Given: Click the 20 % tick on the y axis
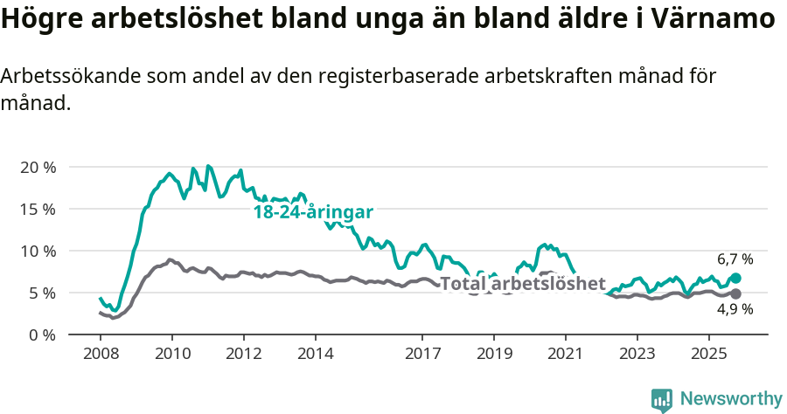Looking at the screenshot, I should pyautogui.click(x=38, y=167).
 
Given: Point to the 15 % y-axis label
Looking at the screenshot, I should pyautogui.click(x=38, y=209).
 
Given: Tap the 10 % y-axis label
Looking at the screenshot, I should pyautogui.click(x=38, y=251).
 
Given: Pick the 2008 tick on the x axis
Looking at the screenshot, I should pyautogui.click(x=101, y=354).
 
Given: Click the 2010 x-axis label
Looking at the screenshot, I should pyautogui.click(x=172, y=354).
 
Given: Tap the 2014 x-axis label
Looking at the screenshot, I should pyautogui.click(x=315, y=354).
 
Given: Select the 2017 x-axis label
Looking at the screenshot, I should pyautogui.click(x=422, y=354).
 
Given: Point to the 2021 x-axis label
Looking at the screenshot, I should pyautogui.click(x=565, y=354).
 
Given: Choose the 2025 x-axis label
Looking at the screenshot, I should pyautogui.click(x=708, y=354).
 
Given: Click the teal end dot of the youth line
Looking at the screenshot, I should pyautogui.click(x=735, y=278).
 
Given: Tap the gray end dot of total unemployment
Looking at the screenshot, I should pyautogui.click(x=735, y=294).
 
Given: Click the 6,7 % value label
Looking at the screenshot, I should pyautogui.click(x=735, y=259).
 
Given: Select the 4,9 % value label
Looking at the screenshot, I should pyautogui.click(x=735, y=309).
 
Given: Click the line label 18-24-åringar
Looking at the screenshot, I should pyautogui.click(x=313, y=212).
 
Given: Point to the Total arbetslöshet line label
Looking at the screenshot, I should pyautogui.click(x=522, y=283).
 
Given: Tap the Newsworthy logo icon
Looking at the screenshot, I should pyautogui.click(x=661, y=399).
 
